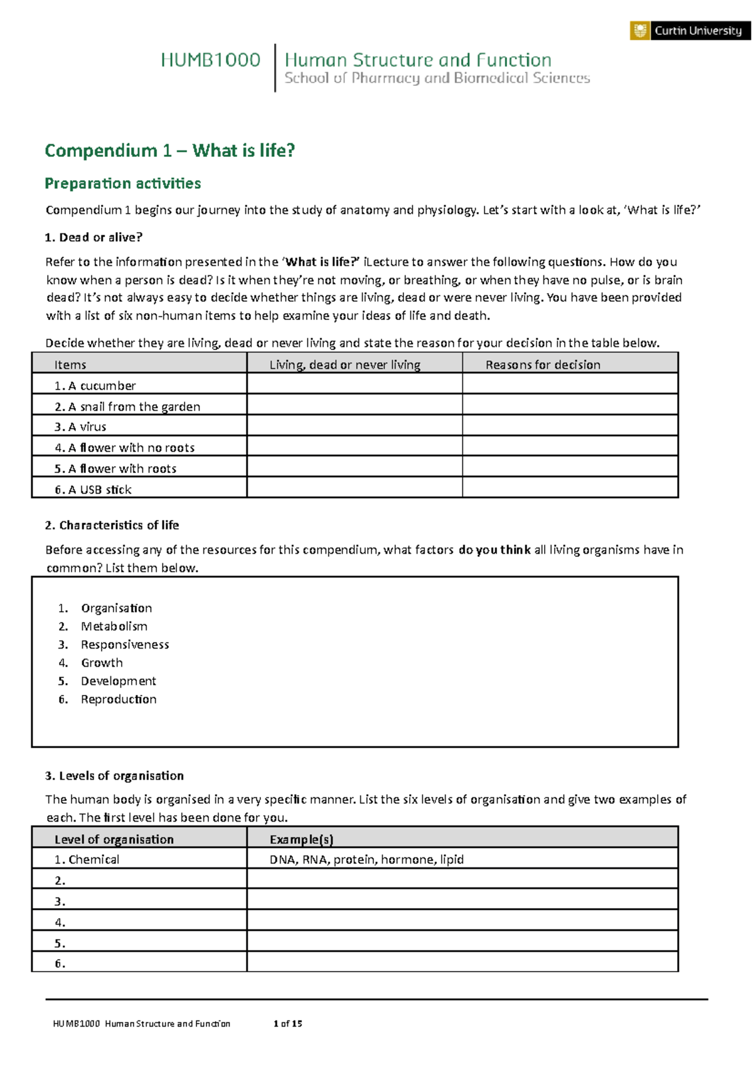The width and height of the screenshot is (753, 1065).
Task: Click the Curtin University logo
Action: tap(690, 31)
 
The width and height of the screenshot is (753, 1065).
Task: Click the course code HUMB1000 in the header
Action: tap(210, 60)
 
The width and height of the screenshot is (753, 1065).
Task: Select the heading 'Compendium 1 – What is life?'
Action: tap(169, 151)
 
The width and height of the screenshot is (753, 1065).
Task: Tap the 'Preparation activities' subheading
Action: tap(123, 183)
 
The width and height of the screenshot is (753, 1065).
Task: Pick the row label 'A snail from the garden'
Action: tap(127, 406)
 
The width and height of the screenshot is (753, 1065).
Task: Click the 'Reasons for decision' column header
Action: tap(543, 364)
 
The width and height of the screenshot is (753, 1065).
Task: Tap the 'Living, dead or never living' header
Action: tap(345, 364)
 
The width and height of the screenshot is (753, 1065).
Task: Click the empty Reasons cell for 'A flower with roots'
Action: tap(570, 467)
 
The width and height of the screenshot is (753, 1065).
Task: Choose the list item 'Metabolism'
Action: tap(114, 626)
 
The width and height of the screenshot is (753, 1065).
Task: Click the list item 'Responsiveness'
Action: tap(125, 644)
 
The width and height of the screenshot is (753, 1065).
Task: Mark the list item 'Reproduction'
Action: tap(119, 699)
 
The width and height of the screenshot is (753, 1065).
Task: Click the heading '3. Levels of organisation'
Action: tap(115, 776)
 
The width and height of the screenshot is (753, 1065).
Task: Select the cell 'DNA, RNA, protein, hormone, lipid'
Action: tap(366, 859)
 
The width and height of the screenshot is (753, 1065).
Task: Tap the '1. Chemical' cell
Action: tap(87, 859)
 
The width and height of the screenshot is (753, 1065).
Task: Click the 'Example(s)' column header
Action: tap(301, 839)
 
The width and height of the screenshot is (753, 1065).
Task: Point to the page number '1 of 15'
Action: tap(288, 1024)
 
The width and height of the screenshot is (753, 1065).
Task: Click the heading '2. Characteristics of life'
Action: tap(112, 525)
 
